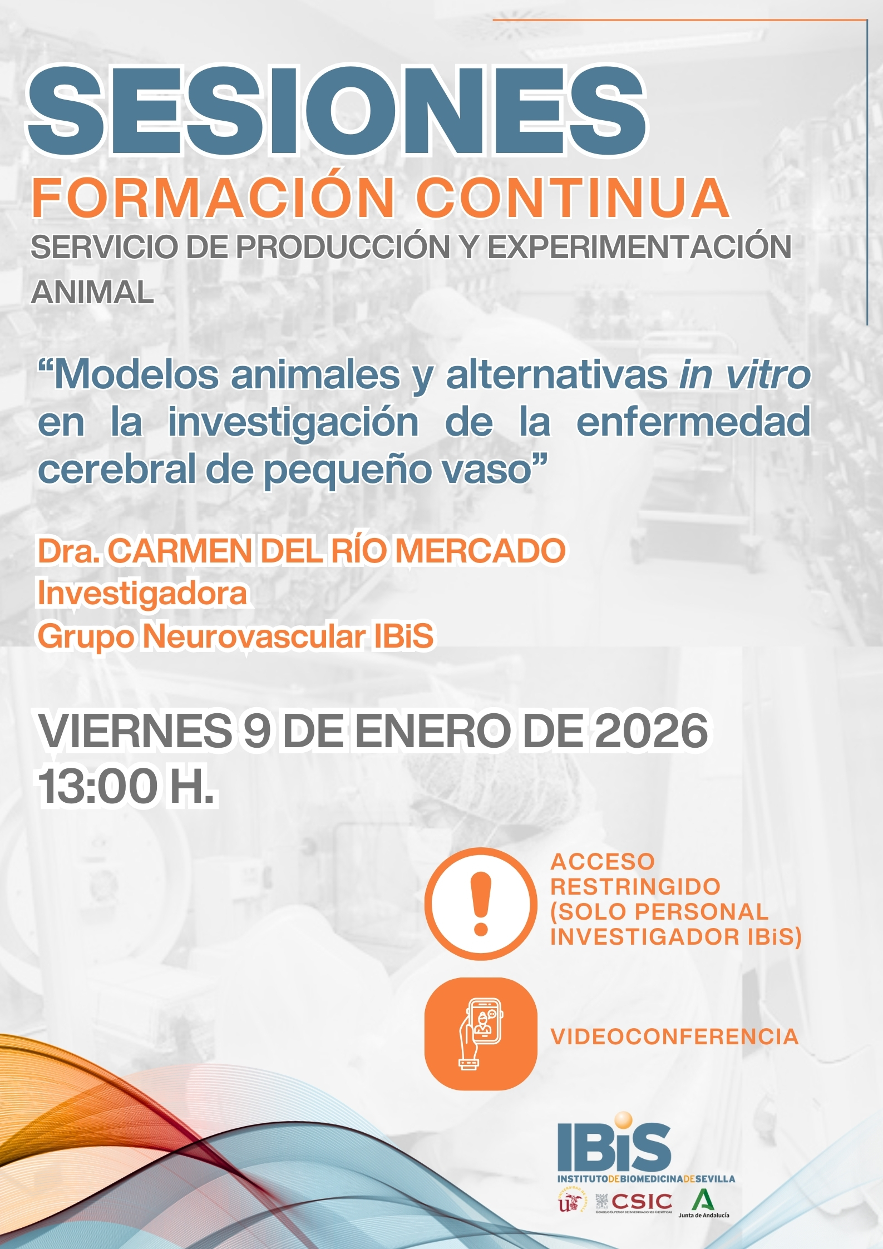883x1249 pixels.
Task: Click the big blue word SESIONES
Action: (337, 111)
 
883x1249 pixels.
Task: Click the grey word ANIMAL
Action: (92, 293)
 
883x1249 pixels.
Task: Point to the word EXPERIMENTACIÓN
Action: (639, 246)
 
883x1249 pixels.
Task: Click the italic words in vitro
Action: (744, 374)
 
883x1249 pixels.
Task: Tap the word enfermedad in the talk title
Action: (693, 422)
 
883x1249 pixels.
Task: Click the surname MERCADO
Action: (481, 551)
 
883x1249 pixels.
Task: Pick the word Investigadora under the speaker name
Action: (142, 594)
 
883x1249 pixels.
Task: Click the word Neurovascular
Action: (254, 636)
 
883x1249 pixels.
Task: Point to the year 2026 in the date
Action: (652, 730)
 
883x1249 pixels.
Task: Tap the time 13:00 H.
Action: (126, 786)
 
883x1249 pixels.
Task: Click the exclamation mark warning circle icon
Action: (481, 904)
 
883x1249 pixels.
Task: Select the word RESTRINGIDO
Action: (635, 887)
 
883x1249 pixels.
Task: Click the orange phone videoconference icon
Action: (481, 1034)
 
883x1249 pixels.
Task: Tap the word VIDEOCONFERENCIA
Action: (674, 1037)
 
